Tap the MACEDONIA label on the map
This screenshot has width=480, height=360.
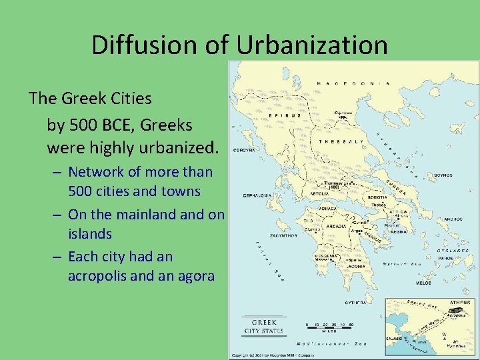353,83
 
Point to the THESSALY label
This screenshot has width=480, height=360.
341,142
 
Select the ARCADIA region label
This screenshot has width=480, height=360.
331,225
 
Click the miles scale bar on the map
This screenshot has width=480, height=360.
329,328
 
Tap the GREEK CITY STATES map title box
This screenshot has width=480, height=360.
263,325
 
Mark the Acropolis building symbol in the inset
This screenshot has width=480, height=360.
456,311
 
